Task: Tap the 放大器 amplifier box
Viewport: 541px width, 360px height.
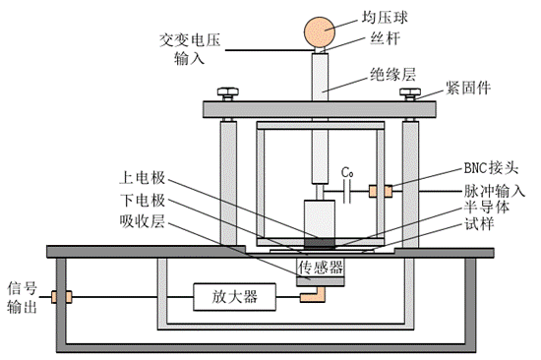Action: [227, 296]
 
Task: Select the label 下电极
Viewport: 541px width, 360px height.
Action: [144, 200]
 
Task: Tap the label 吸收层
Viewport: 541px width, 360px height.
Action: [144, 221]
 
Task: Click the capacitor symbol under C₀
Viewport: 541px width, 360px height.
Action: [347, 190]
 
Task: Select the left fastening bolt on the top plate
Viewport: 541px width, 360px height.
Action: [228, 94]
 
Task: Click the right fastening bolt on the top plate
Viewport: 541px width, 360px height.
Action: [407, 94]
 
